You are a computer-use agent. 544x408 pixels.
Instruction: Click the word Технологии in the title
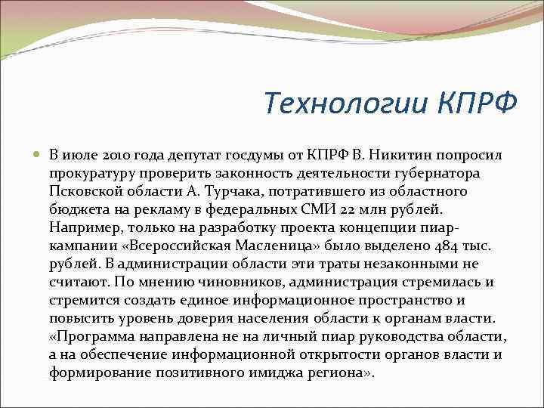[x=347, y=102]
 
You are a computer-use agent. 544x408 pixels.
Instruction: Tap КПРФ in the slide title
[x=477, y=102]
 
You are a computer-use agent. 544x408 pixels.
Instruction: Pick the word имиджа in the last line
[x=269, y=373]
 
